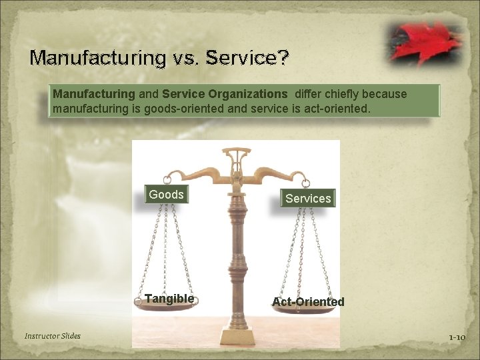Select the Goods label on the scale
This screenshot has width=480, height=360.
[x=166, y=195]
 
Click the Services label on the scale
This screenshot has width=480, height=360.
[x=307, y=198]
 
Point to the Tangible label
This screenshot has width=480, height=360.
[x=169, y=299]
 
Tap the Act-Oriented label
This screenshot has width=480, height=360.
[x=308, y=302]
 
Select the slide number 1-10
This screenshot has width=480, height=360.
[x=457, y=337]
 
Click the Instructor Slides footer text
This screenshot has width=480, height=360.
[x=53, y=336]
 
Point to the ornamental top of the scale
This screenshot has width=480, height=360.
[x=234, y=160]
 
